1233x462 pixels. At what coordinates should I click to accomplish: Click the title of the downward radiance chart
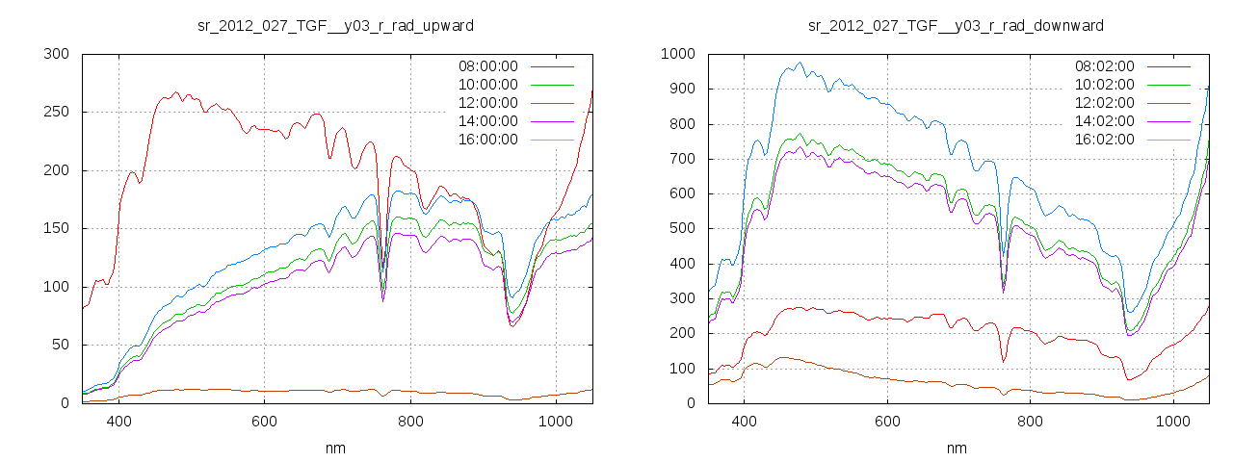click(956, 25)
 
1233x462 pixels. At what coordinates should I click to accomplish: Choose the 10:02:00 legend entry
click(1104, 85)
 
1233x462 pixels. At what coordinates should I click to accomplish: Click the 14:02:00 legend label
click(1104, 121)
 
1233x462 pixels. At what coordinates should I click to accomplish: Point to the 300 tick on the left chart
click(57, 54)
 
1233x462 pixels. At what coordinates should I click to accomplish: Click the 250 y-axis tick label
click(57, 113)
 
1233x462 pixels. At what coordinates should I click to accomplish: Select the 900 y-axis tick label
click(681, 89)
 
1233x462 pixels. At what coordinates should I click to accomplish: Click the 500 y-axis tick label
click(681, 229)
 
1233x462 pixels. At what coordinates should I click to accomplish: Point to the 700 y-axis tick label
click(681, 159)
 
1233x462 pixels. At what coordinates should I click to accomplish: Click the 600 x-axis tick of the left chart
click(265, 422)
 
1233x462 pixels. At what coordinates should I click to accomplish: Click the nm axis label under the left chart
click(336, 448)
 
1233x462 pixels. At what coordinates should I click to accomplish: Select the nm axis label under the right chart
click(956, 448)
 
